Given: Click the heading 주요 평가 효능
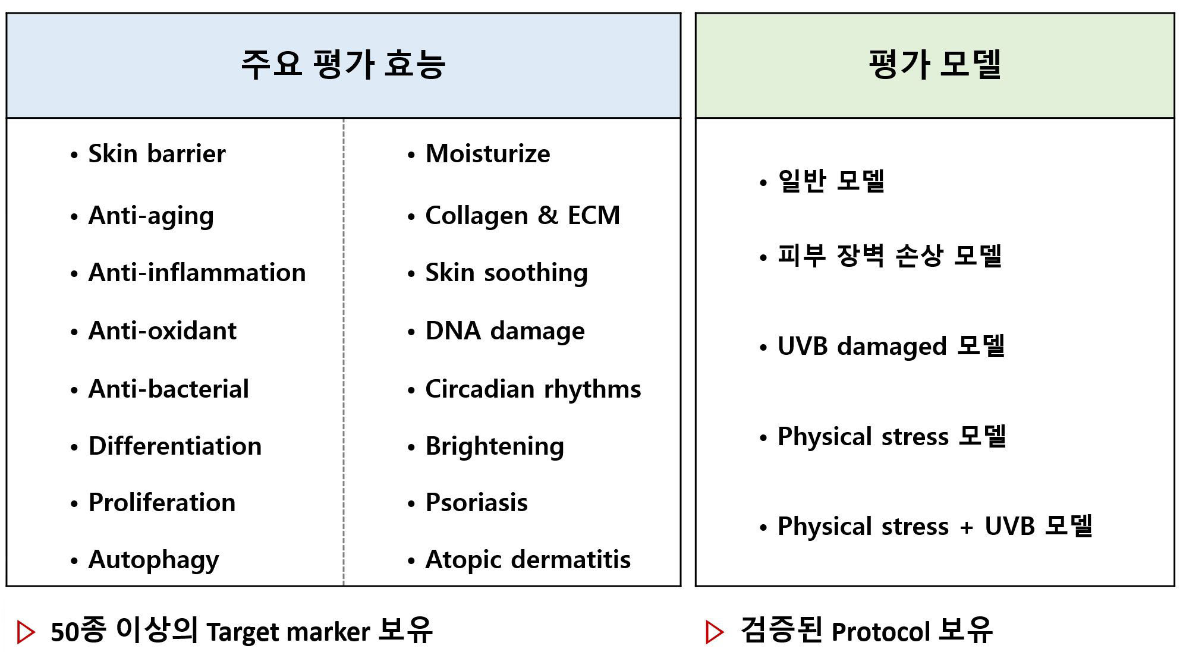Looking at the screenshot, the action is click(343, 64).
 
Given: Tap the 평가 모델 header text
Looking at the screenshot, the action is click(935, 64).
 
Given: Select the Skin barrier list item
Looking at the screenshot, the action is click(157, 154).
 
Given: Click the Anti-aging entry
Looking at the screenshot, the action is click(151, 216).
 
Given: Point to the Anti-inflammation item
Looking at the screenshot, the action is click(197, 273).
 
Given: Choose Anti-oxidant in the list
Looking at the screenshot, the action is click(162, 331).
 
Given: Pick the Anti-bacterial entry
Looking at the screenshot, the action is click(168, 389).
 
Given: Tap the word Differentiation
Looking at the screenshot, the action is click(175, 446).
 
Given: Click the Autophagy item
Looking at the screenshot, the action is click(153, 560).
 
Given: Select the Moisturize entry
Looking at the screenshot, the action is click(487, 154).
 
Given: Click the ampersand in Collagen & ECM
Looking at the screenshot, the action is click(548, 215).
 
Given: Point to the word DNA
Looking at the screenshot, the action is click(453, 331).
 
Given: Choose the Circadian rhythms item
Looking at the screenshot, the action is click(533, 390).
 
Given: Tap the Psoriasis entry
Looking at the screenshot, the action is click(476, 503).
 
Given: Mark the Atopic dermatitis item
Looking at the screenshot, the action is click(528, 560).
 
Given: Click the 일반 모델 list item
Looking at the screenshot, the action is click(831, 181).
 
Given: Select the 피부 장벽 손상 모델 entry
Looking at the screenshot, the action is click(889, 256).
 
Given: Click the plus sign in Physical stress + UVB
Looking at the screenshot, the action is click(967, 527).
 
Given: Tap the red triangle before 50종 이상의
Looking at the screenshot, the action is click(26, 632).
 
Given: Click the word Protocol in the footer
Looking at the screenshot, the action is click(880, 632).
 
